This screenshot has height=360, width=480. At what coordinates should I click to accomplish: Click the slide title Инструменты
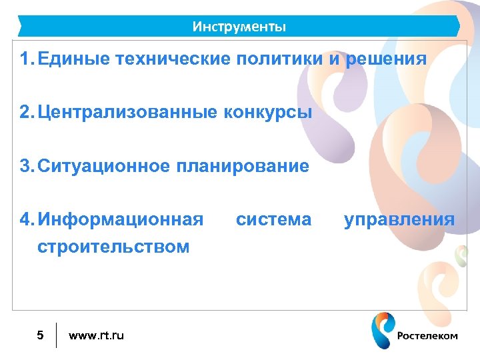239,27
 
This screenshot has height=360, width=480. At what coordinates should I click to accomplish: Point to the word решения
385,59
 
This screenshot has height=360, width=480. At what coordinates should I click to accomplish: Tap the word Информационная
120,219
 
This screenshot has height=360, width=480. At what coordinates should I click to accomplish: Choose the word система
273,219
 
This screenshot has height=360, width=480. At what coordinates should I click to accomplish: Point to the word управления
399,219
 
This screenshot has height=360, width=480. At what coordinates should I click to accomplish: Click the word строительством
113,247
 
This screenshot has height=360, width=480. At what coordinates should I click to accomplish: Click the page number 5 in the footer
40,335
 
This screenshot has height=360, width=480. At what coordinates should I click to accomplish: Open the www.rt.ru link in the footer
96,335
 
